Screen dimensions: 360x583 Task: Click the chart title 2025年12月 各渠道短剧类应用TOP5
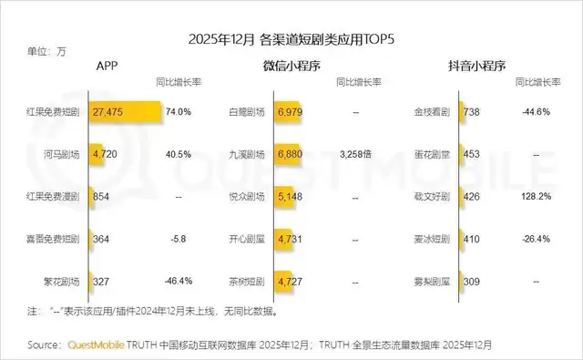pos(291,39)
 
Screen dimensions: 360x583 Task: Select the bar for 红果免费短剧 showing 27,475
pos(125,111)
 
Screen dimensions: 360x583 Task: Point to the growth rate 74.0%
pos(178,111)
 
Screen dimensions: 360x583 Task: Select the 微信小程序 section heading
pos(291,67)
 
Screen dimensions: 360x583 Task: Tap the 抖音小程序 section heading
pos(475,67)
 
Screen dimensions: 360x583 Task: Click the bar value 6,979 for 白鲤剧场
pos(290,111)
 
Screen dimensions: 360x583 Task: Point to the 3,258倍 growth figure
pos(355,154)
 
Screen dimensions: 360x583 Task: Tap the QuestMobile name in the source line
pos(97,345)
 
